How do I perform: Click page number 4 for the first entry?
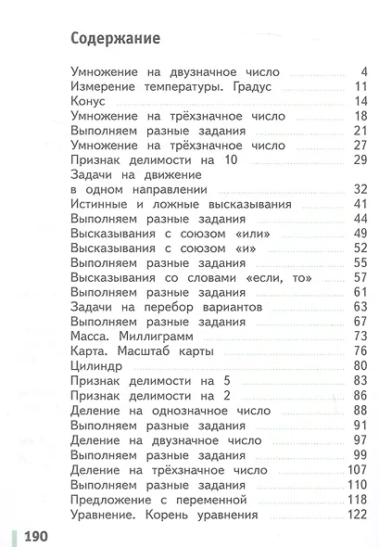[364, 71]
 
